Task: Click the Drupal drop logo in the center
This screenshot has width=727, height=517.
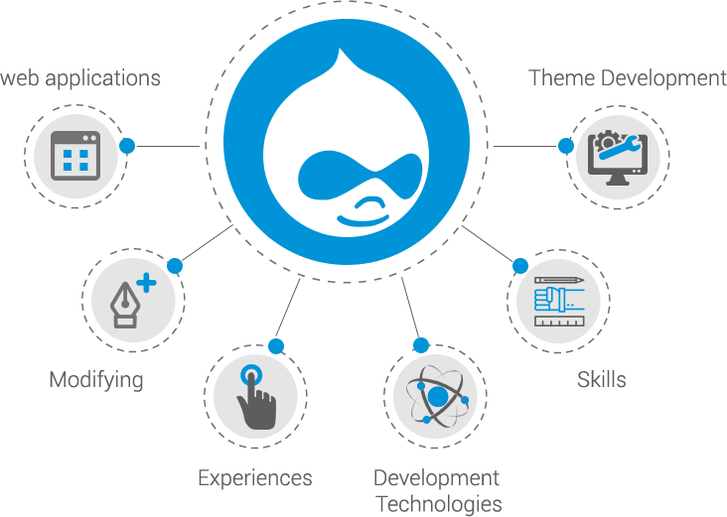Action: click(x=347, y=144)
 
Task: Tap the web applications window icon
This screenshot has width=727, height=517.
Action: click(x=75, y=156)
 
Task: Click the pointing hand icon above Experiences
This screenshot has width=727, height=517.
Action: click(x=255, y=397)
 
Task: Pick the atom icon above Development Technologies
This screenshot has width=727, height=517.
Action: click(x=435, y=397)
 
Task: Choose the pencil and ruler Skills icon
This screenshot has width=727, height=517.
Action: click(x=557, y=297)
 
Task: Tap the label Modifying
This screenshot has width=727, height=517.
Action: click(x=96, y=380)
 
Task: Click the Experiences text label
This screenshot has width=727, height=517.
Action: click(x=255, y=478)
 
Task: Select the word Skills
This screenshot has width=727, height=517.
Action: click(x=601, y=379)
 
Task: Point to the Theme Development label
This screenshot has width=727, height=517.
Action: click(x=628, y=77)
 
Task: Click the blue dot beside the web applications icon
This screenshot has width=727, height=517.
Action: click(x=127, y=146)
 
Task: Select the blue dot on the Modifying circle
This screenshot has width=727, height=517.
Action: click(x=175, y=266)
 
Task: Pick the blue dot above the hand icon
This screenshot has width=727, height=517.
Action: click(x=276, y=346)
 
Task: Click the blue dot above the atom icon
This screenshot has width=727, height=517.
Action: click(x=420, y=345)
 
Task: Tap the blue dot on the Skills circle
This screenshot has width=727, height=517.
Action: click(x=519, y=266)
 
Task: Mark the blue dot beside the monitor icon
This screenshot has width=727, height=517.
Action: click(x=565, y=147)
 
